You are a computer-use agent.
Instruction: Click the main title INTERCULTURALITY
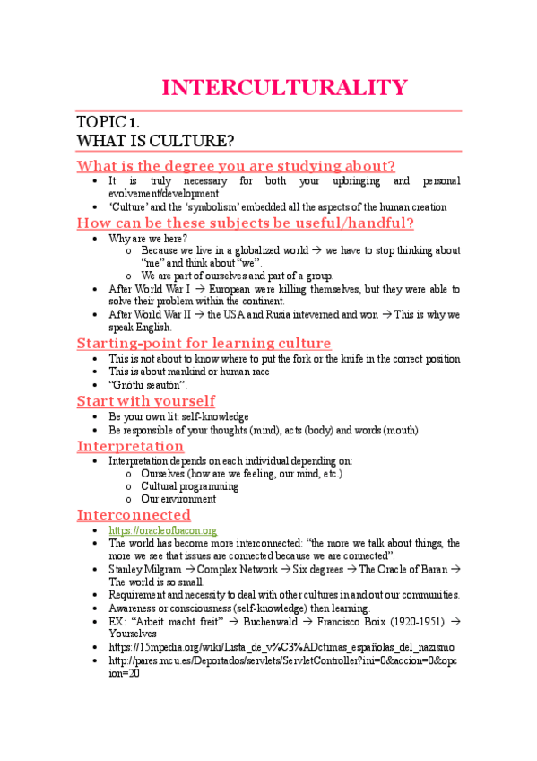(284, 87)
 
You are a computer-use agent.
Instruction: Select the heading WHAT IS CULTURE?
(156, 141)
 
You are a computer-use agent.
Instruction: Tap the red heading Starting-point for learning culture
(204, 343)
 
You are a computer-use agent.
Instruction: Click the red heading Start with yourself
(145, 401)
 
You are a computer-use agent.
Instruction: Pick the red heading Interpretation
(130, 446)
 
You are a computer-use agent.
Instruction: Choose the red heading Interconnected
(134, 514)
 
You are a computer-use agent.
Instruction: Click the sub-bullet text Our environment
(178, 499)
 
